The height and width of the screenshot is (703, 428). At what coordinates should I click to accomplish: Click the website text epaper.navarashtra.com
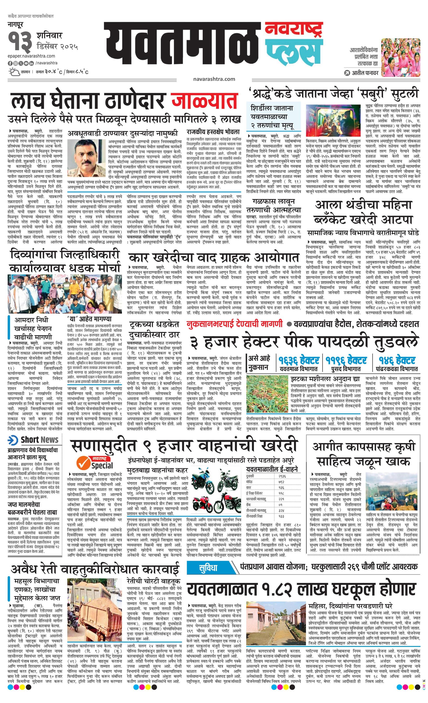tap(31, 56)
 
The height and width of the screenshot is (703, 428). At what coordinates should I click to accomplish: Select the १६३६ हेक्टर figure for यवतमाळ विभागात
tap(299, 360)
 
